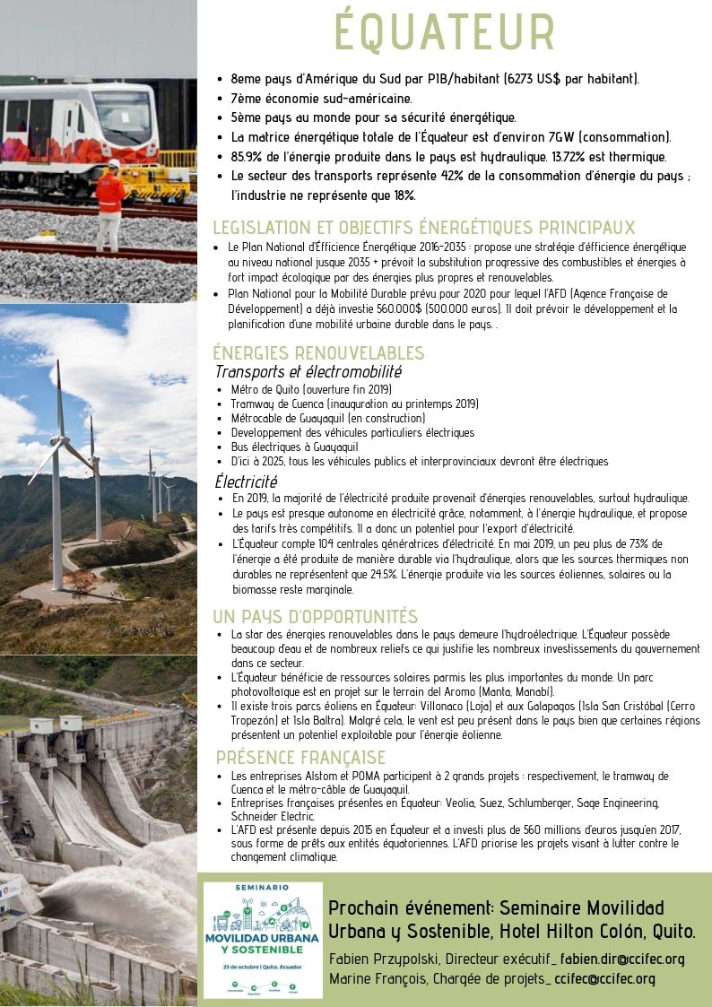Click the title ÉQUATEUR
(445, 32)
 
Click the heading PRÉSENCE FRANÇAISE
(301, 758)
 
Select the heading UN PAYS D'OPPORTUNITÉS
(316, 616)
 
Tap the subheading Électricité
(246, 482)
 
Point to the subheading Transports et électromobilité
(308, 371)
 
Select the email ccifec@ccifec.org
(605, 978)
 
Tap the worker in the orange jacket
(110, 202)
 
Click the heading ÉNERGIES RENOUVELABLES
(318, 352)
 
